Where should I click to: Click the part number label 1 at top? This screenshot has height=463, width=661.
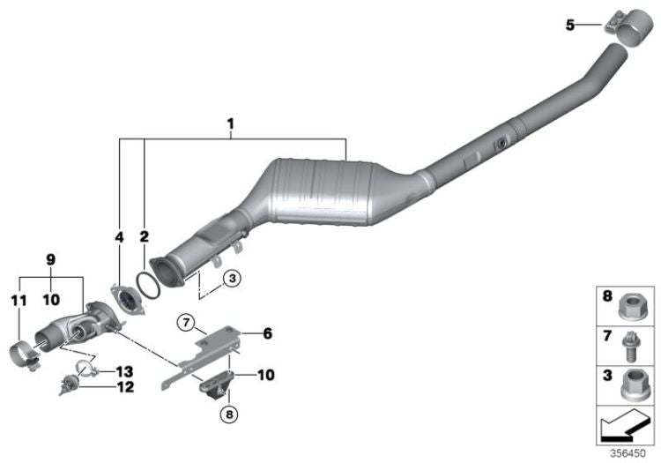pos(230,125)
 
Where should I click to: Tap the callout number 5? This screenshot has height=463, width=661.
pos(570,26)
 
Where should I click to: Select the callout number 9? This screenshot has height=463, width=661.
pos(49,262)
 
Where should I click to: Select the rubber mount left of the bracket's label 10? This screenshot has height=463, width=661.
pos(219,385)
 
